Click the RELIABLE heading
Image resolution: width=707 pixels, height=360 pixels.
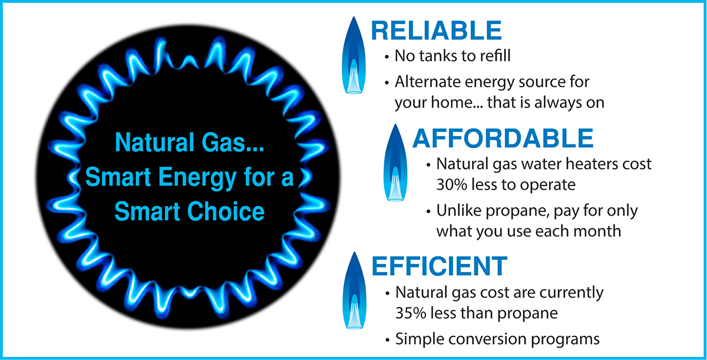pos(437,31)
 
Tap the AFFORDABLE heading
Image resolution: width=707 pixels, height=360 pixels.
pos(503,138)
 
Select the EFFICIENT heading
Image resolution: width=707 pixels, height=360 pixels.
pos(440,266)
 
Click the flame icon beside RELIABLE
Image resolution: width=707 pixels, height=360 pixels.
pos(354,55)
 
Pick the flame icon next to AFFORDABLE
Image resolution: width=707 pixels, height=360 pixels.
pos(395,163)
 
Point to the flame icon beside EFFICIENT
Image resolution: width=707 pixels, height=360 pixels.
pos(355,290)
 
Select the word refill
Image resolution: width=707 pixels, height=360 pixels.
pos(495,55)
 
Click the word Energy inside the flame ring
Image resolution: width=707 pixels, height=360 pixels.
pos(197,178)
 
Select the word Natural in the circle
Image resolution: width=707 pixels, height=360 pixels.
pos(154,142)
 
